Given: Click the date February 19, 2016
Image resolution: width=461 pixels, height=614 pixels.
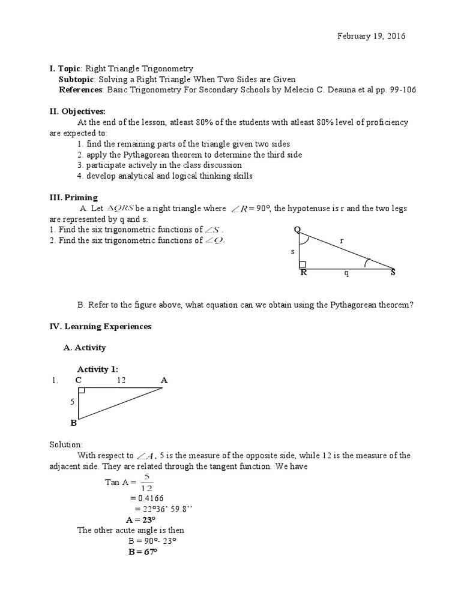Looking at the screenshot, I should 370,36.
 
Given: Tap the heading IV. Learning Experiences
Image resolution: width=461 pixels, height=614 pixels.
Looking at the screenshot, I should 100,327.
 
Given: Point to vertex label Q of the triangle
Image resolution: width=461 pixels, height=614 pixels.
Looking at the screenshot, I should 297,230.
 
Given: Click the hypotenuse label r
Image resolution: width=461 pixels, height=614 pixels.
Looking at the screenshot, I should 342,240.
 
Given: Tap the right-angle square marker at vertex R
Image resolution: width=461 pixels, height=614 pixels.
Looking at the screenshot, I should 303,264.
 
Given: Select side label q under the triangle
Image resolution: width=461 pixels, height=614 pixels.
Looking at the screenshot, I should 345,273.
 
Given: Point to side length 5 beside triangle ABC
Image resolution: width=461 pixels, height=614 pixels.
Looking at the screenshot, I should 73,402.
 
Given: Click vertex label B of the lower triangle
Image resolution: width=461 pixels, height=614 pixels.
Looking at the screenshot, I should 74,423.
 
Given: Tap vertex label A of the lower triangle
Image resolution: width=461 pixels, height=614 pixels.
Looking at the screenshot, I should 164,380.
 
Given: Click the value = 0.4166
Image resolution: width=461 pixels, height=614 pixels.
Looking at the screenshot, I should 146,498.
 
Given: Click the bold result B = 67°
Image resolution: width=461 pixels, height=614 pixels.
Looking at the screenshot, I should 142,551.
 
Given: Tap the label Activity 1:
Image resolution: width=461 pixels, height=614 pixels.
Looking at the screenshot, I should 98,369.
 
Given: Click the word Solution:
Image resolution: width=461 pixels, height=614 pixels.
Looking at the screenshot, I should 67,444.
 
